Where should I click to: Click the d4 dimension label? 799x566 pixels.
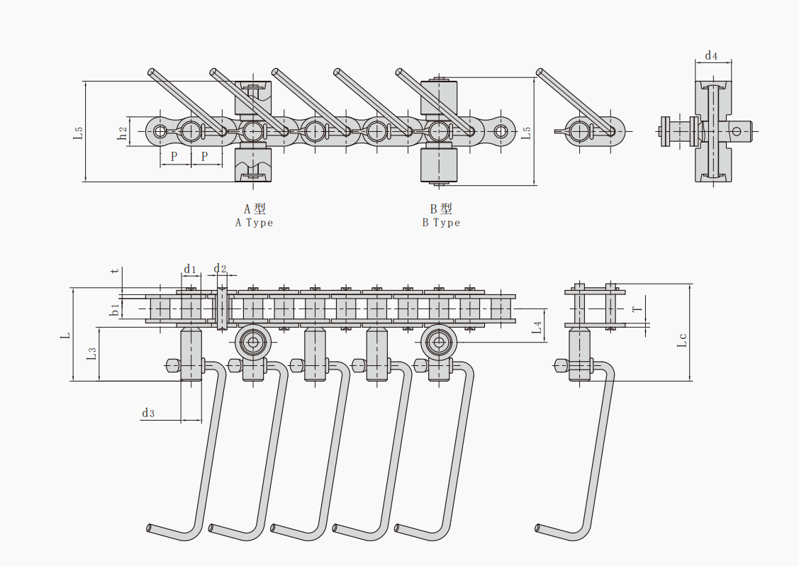(x=711, y=55)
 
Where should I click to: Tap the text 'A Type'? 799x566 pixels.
(x=254, y=223)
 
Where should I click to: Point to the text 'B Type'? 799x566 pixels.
(x=441, y=223)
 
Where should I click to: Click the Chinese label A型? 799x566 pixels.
(x=255, y=209)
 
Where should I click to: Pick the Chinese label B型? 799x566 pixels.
(x=441, y=209)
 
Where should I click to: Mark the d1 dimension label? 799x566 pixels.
(x=190, y=269)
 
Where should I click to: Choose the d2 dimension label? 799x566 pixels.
(x=220, y=269)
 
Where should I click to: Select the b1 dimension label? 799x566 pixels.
(x=114, y=309)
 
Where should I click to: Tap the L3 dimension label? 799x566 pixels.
(x=91, y=354)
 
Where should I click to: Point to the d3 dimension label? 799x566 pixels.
(x=148, y=413)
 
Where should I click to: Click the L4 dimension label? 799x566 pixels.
(x=537, y=327)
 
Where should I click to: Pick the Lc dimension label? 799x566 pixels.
(x=682, y=340)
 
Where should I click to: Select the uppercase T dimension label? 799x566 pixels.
(x=637, y=309)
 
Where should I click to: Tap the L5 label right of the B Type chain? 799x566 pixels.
(x=526, y=132)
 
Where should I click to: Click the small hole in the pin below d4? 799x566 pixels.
(x=738, y=131)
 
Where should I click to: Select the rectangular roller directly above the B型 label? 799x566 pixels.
(x=440, y=166)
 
